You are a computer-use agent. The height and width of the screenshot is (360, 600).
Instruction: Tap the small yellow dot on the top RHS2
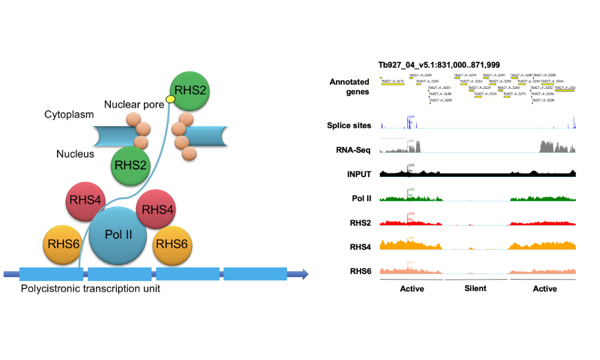(x=170, y=98)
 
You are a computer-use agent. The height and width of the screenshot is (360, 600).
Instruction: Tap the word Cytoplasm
(x=69, y=114)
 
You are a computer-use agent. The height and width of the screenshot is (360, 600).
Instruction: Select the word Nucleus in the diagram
(x=76, y=154)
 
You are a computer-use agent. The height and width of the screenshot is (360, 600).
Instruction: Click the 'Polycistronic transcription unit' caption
(x=91, y=289)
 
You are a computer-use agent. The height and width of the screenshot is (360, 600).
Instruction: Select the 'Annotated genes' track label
(x=349, y=87)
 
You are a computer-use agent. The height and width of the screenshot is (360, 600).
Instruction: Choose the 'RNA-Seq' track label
(x=353, y=150)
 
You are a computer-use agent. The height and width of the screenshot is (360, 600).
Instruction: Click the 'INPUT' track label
(x=359, y=174)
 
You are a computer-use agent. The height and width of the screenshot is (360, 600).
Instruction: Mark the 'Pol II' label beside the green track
(x=362, y=198)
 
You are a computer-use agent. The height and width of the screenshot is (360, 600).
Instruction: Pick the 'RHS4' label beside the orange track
(x=361, y=247)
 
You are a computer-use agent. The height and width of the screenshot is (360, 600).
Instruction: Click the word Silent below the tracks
(x=475, y=288)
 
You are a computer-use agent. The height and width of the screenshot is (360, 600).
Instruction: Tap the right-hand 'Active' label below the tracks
(x=544, y=289)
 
